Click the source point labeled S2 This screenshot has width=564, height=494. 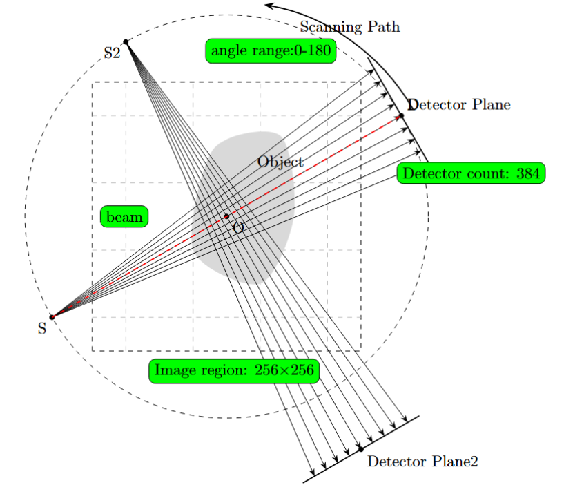125,42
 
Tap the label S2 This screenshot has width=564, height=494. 113,52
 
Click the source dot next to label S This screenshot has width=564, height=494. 52,317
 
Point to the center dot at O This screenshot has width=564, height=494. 226,216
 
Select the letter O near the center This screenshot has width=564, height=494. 238,227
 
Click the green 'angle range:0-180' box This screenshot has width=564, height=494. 271,50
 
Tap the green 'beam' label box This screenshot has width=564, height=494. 124,217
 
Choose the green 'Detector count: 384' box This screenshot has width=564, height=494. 471,173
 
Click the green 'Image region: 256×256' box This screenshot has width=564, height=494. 233,370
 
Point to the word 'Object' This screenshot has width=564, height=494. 280,162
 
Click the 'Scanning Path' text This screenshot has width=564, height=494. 350,27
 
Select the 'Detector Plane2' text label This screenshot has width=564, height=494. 422,462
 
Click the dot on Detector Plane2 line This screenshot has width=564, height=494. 360,449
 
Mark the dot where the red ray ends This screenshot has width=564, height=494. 401,115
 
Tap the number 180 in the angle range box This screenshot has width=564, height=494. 321,50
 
